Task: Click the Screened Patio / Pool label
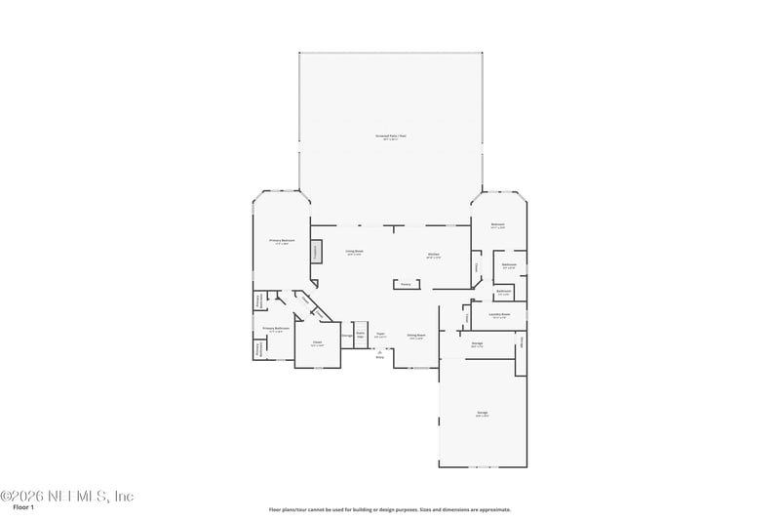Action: tap(391, 137)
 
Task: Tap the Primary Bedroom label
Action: tap(282, 241)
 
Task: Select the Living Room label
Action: tap(354, 253)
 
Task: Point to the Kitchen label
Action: tap(434, 257)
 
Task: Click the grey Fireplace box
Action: tap(316, 252)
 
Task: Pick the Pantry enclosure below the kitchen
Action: tap(407, 285)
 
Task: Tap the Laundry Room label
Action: tap(498, 316)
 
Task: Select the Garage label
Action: tap(483, 415)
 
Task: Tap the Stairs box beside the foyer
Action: tap(360, 333)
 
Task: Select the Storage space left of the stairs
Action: tap(347, 336)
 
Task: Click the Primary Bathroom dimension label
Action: tap(276, 330)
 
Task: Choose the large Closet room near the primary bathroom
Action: tap(317, 343)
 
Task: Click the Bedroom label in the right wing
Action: tap(498, 226)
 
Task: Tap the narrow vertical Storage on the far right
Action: tap(522, 341)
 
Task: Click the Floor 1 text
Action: tap(23, 508)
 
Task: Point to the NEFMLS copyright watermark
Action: tap(66, 496)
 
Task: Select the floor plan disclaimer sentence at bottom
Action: tap(390, 509)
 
